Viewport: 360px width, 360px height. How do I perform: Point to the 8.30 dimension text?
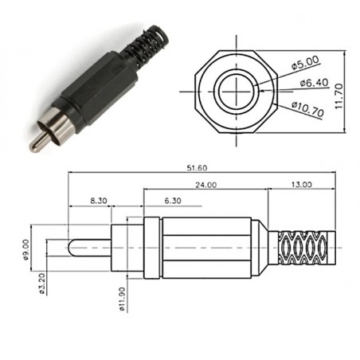coord(99,202)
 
